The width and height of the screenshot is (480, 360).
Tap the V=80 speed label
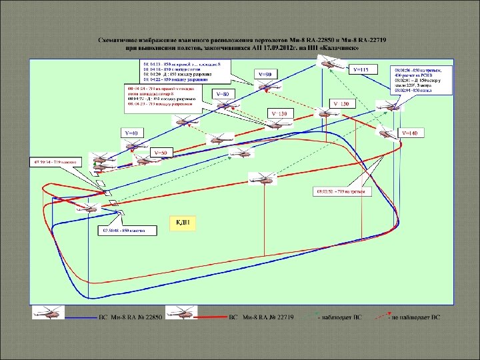point(223,95)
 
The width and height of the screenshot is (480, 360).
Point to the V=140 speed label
point(410,133)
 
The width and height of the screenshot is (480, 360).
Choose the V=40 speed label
point(129,133)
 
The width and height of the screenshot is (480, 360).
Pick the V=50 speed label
point(160,153)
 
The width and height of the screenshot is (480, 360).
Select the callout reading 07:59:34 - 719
point(58,162)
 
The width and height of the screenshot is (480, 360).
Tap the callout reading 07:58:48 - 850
point(129,231)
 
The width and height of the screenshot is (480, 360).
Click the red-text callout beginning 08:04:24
point(163,96)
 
